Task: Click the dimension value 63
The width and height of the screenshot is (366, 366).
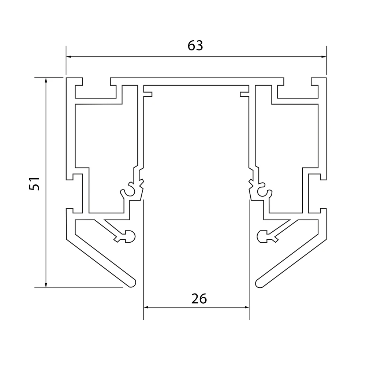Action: pyautogui.click(x=195, y=45)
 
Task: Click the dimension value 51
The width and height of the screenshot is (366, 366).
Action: pyautogui.click(x=34, y=184)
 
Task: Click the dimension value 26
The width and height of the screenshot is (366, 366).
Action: pyautogui.click(x=199, y=299)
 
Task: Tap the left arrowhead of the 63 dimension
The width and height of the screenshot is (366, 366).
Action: pyautogui.click(x=69, y=56)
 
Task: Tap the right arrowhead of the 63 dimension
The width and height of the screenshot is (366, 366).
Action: pyautogui.click(x=324, y=56)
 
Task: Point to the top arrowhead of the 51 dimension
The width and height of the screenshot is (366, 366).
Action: pyautogui.click(x=46, y=80)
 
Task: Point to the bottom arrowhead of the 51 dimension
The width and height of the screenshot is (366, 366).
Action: pyautogui.click(x=46, y=285)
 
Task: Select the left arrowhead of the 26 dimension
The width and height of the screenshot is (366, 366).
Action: pyautogui.click(x=146, y=307)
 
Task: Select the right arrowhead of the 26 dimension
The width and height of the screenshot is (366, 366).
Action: pyautogui.click(x=246, y=307)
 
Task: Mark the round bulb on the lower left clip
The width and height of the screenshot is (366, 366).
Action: pyautogui.click(x=130, y=237)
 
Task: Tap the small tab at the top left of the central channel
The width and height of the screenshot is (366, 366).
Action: pyautogui.click(x=148, y=93)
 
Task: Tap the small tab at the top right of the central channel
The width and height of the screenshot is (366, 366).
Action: pyautogui.click(x=244, y=93)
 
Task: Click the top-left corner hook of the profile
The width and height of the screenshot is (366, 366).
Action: pyautogui.click(x=74, y=82)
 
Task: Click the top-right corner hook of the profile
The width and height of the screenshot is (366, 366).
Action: pyautogui.click(x=318, y=82)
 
